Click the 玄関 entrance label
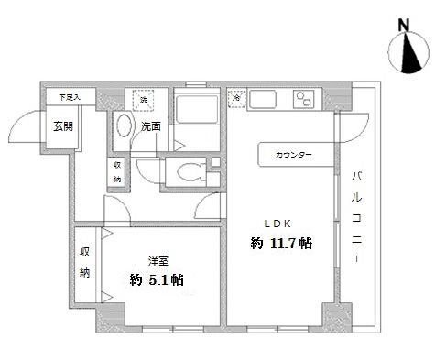pyautogui.click(x=62, y=126)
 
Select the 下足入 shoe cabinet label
pyautogui.click(x=70, y=96)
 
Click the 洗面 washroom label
pyautogui.click(x=151, y=126)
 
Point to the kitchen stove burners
pyautogui.click(x=305, y=99)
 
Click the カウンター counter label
pyautogui.click(x=293, y=155)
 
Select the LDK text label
pyautogui.click(x=278, y=223)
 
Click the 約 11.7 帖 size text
pyautogui.click(x=281, y=244)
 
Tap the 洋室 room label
pyautogui.click(x=158, y=259)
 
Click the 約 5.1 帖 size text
pyautogui.click(x=157, y=279)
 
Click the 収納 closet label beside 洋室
pyautogui.click(x=85, y=262)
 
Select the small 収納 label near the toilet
pyautogui.click(x=116, y=171)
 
